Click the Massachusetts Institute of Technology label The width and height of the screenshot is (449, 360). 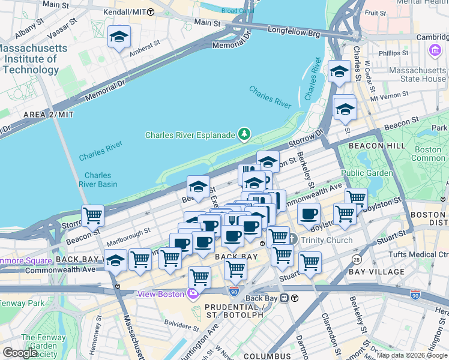30,59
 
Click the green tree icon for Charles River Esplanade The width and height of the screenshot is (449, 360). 244,134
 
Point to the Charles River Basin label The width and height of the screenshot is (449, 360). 101,179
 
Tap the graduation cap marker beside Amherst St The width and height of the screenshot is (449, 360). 119,37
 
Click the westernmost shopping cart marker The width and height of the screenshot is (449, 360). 93,215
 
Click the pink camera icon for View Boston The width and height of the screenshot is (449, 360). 193,294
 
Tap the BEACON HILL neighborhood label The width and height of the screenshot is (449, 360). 367,145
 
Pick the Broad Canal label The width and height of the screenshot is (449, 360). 237,11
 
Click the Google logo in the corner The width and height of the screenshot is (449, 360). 19,353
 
